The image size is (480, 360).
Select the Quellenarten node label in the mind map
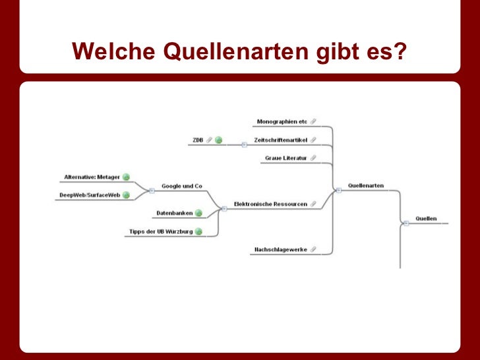click(366, 185)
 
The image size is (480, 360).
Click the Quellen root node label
click(426, 218)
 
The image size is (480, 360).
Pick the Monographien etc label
click(282, 121)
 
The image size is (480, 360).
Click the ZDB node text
click(198, 140)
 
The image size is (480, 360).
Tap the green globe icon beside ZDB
click(218, 140)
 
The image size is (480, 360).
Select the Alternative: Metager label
click(92, 177)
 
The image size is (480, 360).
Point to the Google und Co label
click(181, 186)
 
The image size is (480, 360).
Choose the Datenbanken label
click(174, 213)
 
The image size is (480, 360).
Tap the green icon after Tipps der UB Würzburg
click(198, 231)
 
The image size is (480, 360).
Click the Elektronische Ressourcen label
click(270, 204)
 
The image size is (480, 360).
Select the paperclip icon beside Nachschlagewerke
click(313, 250)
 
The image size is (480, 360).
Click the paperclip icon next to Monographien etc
click(313, 121)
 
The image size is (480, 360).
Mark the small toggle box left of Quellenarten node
click(338, 190)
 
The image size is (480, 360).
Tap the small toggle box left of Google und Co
click(152, 191)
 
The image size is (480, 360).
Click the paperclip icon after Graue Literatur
click(313, 158)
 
